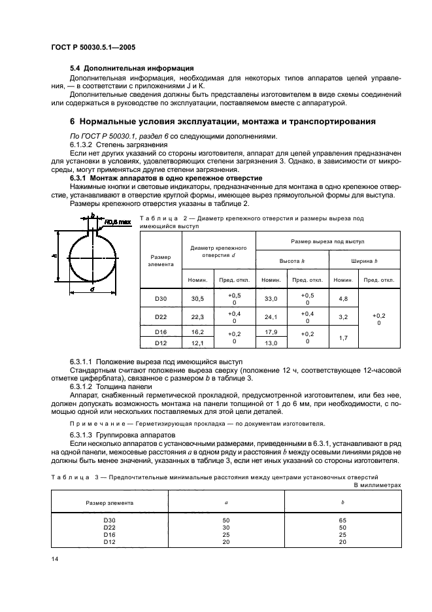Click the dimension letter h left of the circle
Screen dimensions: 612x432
point(53,257)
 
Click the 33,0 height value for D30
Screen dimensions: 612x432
point(270,298)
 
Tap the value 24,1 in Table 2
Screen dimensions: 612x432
point(270,317)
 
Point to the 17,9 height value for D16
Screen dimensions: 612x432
point(270,332)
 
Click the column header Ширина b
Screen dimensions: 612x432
point(365,260)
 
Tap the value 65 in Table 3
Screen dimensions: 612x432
point(343,520)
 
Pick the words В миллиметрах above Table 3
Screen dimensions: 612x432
point(377,486)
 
